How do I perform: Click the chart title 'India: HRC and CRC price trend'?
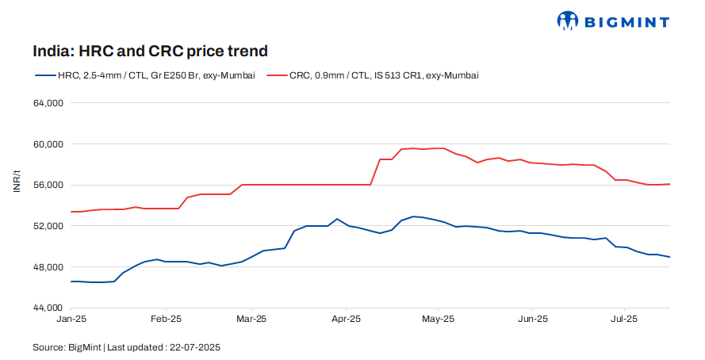[150, 51]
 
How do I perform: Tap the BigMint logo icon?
[568, 21]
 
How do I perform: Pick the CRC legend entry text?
[384, 75]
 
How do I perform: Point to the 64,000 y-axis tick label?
[48, 103]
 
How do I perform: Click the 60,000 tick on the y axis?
[48, 144]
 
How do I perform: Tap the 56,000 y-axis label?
[48, 185]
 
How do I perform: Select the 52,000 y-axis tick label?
[48, 226]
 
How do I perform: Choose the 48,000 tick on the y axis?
[48, 267]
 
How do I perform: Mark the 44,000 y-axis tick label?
[48, 308]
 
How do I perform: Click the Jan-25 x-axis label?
[72, 319]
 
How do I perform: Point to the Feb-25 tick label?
[166, 319]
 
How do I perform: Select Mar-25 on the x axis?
[251, 319]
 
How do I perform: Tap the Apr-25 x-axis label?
[346, 319]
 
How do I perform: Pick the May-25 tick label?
[438, 319]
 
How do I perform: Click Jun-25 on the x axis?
[532, 319]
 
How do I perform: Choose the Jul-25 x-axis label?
[624, 319]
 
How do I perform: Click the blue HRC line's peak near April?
[337, 219]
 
